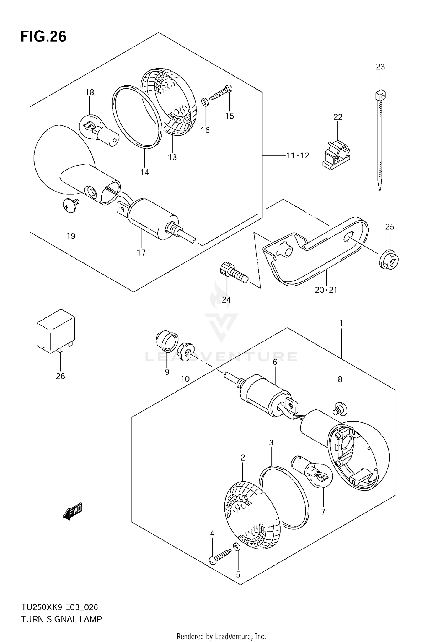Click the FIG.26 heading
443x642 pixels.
[x=43, y=37]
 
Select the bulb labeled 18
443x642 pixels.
[x=99, y=131]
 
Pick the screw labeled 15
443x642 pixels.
[x=221, y=93]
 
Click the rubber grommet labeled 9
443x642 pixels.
[x=167, y=342]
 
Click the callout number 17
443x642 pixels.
[x=141, y=253]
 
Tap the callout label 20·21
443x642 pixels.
[x=326, y=290]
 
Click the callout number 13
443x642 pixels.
[x=172, y=157]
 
